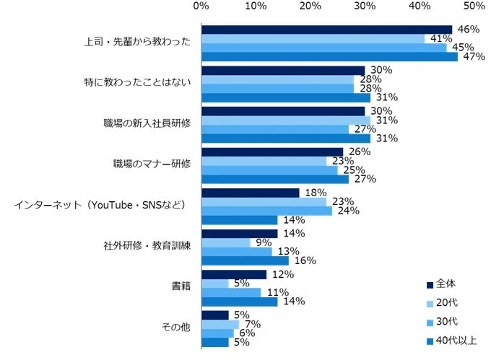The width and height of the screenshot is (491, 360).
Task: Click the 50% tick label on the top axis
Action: [x=474, y=6]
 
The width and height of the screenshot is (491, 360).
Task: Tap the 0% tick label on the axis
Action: [x=201, y=6]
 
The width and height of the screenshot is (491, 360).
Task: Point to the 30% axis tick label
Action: [x=365, y=6]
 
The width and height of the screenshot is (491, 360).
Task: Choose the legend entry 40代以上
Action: [x=456, y=341]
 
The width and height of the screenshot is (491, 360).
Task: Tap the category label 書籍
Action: [x=181, y=286]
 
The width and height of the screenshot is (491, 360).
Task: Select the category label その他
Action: [x=177, y=327]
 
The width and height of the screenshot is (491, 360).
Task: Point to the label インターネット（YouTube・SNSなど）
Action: [x=101, y=205]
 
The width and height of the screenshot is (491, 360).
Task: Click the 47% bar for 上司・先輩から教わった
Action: [x=329, y=57]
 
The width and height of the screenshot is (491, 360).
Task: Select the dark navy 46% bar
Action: [x=326, y=30]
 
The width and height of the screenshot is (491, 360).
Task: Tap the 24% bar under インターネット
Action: [x=266, y=211]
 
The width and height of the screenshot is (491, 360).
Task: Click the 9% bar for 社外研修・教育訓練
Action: [x=226, y=243]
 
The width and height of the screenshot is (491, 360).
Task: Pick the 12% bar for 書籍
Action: [x=234, y=274]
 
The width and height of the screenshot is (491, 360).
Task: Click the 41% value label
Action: [x=436, y=39]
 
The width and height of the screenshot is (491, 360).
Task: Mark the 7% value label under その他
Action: [x=252, y=325]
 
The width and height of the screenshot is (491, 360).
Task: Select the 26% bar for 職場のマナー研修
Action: [x=272, y=152]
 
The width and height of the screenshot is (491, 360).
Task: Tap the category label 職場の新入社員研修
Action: [x=147, y=123]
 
